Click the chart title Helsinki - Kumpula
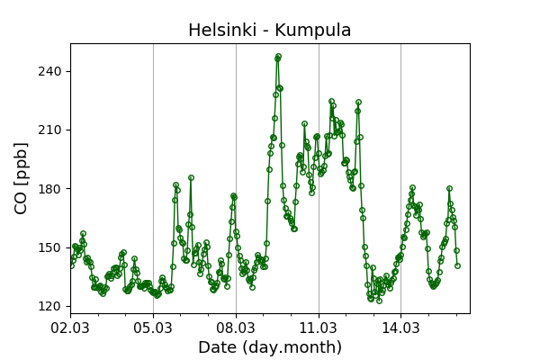tap(269, 31)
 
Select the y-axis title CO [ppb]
tap(22, 177)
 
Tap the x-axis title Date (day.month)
tap(269, 347)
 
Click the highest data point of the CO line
tap(278, 56)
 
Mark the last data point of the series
tap(457, 265)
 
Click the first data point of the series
tap(71, 265)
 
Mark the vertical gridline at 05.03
tap(153, 180)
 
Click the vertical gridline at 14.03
tap(401, 180)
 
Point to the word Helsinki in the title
tap(220, 31)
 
